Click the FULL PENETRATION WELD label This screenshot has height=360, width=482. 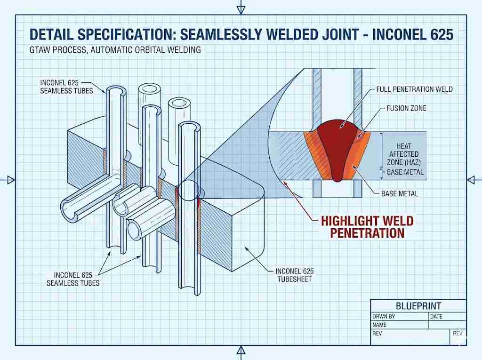[414, 89]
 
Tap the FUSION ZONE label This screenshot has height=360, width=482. [406, 108]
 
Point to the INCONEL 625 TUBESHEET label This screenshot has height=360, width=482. [295, 275]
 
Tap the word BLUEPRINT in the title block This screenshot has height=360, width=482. [418, 305]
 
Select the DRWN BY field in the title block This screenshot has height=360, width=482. [383, 317]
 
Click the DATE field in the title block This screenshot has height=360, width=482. [436, 317]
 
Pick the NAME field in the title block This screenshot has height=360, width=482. [379, 325]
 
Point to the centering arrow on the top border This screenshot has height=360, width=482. [241, 7]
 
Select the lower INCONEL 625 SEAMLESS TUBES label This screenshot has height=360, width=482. [73, 279]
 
